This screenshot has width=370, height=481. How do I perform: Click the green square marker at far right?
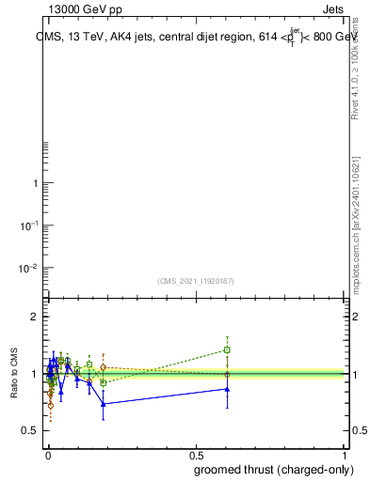[227, 349]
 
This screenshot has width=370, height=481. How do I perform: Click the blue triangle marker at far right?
[227, 388]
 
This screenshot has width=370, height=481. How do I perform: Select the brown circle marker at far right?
[227, 374]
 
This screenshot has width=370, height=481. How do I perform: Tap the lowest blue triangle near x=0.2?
[104, 404]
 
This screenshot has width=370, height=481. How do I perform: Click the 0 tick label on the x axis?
[48, 456]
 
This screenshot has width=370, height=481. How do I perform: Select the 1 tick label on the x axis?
[345, 456]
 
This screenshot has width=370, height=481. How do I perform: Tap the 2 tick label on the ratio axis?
[35, 317]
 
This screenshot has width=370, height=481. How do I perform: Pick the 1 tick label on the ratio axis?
[35, 374]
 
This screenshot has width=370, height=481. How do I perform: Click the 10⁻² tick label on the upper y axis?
[29, 268]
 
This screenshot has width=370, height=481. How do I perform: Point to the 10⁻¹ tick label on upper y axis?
[29, 225]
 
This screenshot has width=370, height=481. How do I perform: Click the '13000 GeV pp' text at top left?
[86, 8]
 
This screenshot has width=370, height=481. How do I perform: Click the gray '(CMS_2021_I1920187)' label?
[196, 280]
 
